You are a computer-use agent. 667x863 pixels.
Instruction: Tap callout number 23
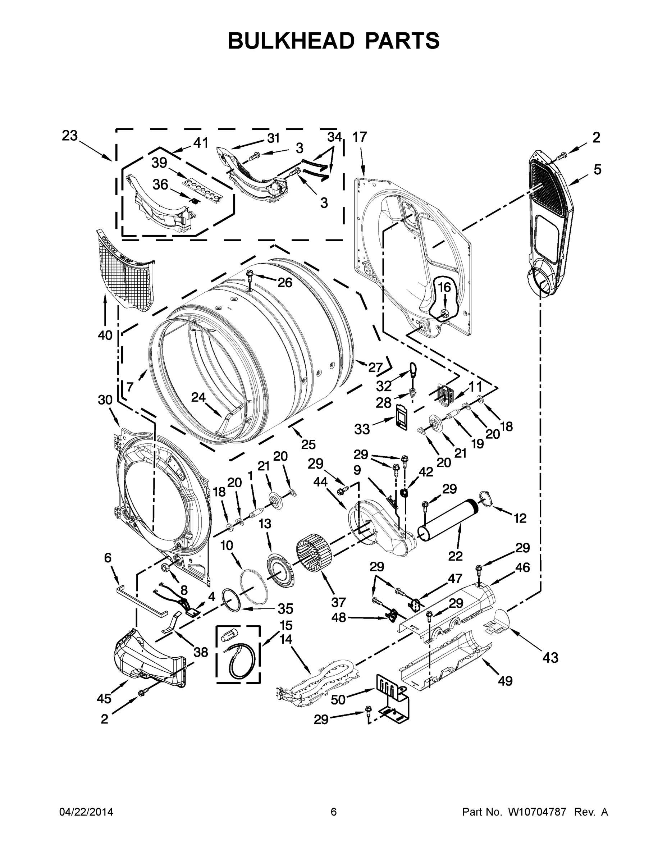pos(69,136)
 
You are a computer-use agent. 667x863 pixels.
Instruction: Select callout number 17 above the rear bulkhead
pos(360,137)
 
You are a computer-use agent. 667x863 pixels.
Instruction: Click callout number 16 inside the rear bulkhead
pos(444,287)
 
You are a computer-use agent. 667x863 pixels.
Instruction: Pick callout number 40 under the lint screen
pos(105,335)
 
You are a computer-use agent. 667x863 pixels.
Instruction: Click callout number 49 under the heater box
pos(505,680)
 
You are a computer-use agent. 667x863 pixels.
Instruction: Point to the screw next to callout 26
pos(250,275)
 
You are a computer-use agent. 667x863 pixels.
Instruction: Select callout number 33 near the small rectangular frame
pos(362,429)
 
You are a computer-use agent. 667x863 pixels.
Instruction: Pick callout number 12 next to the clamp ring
pos(520,518)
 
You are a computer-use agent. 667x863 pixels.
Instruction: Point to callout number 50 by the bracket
pos(338,699)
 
